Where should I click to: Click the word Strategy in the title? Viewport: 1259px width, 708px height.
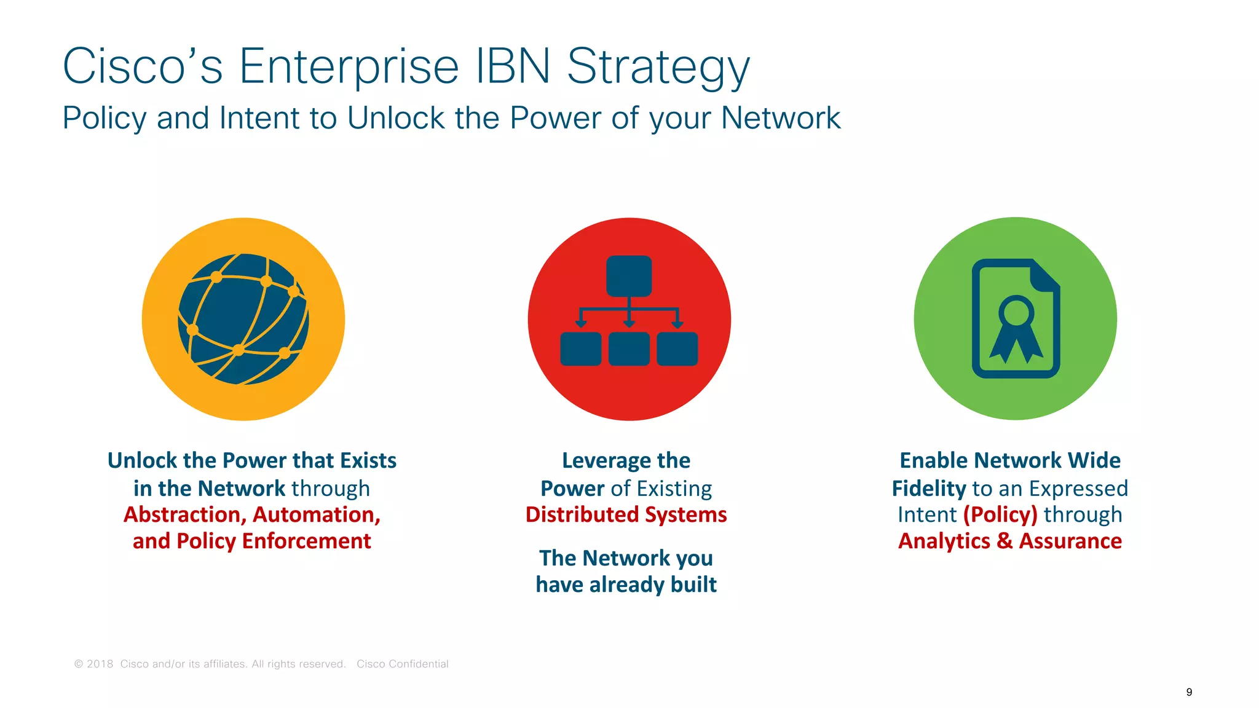coord(658,66)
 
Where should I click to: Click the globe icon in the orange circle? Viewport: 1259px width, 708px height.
coord(243,319)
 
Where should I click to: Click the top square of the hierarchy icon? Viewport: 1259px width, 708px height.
coord(628,276)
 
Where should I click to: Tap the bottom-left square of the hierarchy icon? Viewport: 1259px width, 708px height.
coord(580,349)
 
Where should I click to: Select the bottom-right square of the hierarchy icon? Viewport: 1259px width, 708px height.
coord(677,349)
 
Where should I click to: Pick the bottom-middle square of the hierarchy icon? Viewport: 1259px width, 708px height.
coord(628,349)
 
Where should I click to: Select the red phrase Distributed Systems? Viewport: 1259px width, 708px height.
coord(626,514)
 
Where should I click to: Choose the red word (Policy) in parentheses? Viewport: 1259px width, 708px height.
coord(1000,514)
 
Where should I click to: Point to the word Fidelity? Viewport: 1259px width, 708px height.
coord(929,488)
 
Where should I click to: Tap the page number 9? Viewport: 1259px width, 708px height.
coord(1189,692)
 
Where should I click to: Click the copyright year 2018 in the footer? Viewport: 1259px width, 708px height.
coord(100,664)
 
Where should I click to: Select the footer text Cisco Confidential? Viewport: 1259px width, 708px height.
coord(402,664)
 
